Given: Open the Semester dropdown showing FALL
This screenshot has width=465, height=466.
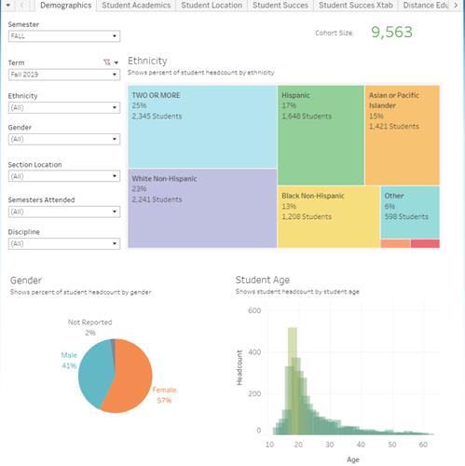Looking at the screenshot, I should click(x=63, y=36).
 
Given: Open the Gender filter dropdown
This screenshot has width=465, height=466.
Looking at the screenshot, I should click(x=63, y=139).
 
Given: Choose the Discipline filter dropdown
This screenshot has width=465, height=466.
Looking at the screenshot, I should click(x=63, y=243).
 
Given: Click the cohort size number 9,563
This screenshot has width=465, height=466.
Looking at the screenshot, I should click(x=402, y=33).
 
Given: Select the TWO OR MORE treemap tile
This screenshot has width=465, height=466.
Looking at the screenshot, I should click(x=202, y=127).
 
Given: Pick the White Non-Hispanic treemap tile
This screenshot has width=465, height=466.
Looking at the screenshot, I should click(x=202, y=208).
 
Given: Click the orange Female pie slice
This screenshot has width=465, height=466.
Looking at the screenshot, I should click(x=130, y=382).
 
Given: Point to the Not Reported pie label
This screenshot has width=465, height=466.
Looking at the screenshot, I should click(x=89, y=322).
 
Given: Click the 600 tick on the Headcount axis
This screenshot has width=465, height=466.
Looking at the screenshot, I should click(x=254, y=309).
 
